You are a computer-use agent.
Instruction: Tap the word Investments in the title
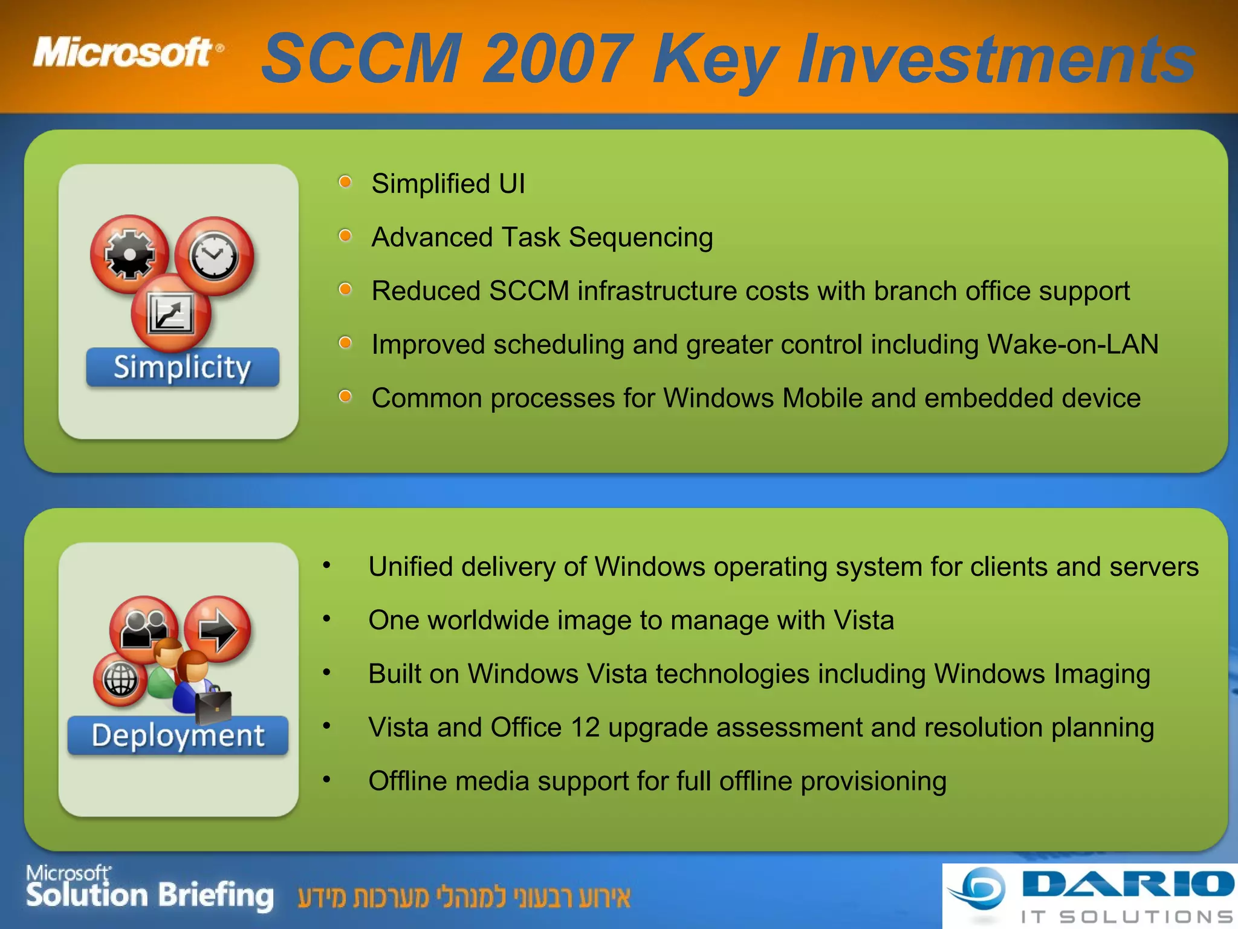tap(996, 59)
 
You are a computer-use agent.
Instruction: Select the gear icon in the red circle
tap(129, 254)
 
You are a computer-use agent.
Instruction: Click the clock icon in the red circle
tap(214, 256)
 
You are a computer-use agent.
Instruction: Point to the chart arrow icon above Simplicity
tap(171, 313)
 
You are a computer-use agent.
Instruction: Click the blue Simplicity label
tap(183, 367)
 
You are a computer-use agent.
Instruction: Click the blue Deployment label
tap(178, 735)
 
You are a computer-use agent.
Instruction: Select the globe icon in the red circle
tap(120, 679)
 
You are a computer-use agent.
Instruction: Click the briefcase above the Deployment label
tap(213, 706)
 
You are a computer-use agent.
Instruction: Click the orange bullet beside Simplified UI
tap(345, 182)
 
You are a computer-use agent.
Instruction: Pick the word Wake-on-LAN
tap(1072, 344)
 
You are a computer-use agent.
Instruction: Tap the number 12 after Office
tap(585, 727)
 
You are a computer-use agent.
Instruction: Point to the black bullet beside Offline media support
tap(326, 780)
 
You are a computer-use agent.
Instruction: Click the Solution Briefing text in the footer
tap(150, 895)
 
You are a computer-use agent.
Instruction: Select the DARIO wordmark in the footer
tap(1128, 884)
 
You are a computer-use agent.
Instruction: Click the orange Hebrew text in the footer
tap(464, 897)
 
